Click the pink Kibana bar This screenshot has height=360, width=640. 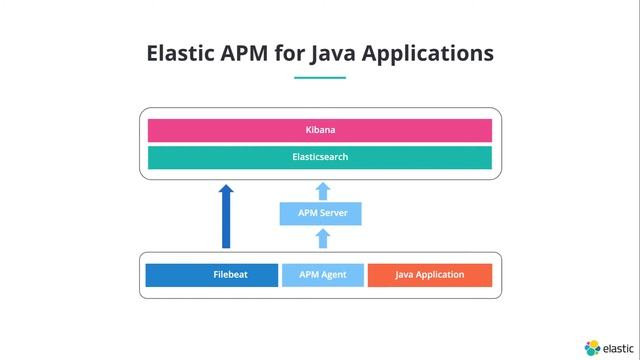tap(320, 130)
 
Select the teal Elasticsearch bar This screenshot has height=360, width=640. tap(320, 157)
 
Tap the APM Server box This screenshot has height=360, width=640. tap(320, 213)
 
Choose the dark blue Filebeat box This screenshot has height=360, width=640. tap(211, 275)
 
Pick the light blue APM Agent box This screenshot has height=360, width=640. tap(322, 275)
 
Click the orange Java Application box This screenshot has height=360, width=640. tap(430, 275)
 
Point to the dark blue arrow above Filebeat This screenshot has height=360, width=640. tap(226, 215)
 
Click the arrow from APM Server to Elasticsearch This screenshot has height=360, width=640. tap(321, 190)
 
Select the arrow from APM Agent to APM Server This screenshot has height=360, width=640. tap(321, 237)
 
